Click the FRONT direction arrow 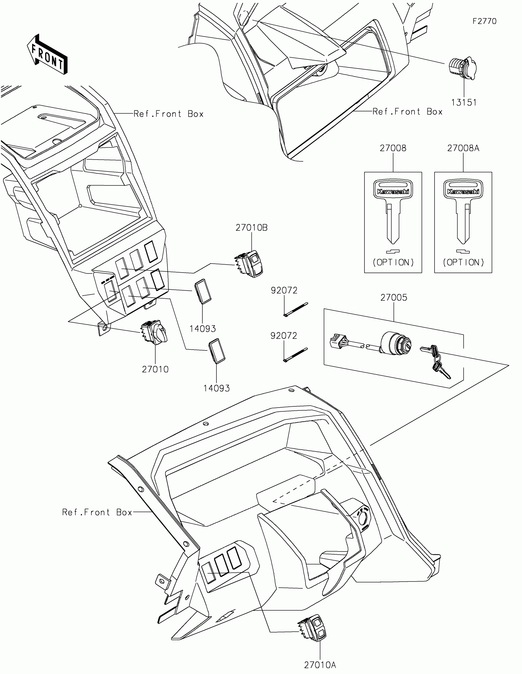(47, 55)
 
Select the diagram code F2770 (484, 21)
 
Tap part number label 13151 (464, 103)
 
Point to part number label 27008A (463, 149)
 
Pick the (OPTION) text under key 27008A (463, 262)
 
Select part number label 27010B (251, 228)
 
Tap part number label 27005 (394, 297)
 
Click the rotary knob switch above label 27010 (154, 334)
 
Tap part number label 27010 (155, 369)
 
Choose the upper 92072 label (284, 290)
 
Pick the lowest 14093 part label (216, 388)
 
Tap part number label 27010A (320, 665)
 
